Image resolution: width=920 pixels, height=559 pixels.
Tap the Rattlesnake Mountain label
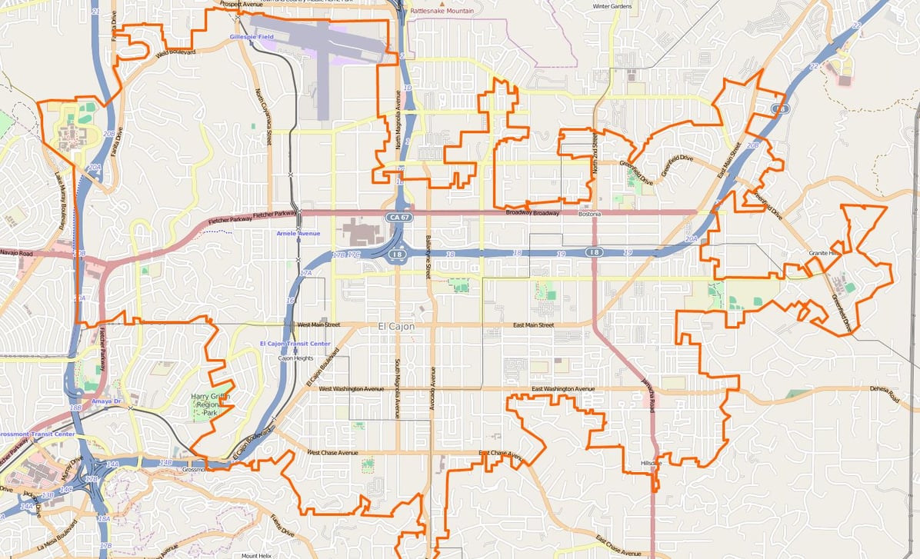click(x=442, y=12)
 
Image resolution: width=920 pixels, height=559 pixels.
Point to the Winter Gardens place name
click(x=612, y=6)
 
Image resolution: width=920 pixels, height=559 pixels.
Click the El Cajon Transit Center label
click(x=295, y=343)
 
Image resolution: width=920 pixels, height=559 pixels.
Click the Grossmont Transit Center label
click(x=37, y=434)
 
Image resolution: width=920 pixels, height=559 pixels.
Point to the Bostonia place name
click(x=589, y=214)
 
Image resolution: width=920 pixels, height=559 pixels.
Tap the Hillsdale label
click(x=651, y=463)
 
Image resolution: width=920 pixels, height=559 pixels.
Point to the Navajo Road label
click(x=16, y=252)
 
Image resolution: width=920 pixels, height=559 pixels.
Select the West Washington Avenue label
click(x=351, y=389)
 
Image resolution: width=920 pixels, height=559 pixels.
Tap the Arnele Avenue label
click(x=298, y=233)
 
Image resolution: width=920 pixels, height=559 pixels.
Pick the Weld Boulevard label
click(x=175, y=53)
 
